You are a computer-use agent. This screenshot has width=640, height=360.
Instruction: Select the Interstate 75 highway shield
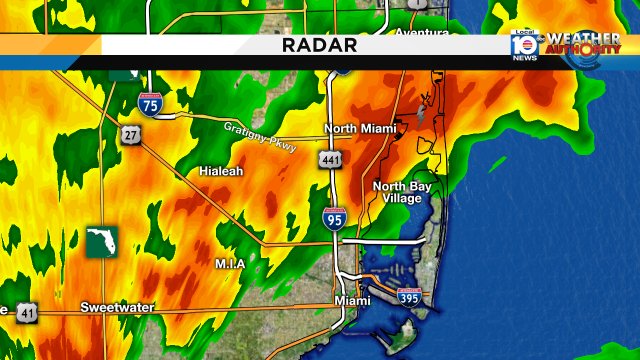coord(149,101)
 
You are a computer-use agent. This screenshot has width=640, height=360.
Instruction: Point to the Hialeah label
coord(220,171)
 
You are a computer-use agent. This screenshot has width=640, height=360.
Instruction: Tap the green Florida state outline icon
coord(102,240)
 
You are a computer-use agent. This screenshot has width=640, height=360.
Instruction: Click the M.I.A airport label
coord(230,263)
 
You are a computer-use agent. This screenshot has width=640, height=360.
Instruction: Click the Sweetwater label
coord(117,307)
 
